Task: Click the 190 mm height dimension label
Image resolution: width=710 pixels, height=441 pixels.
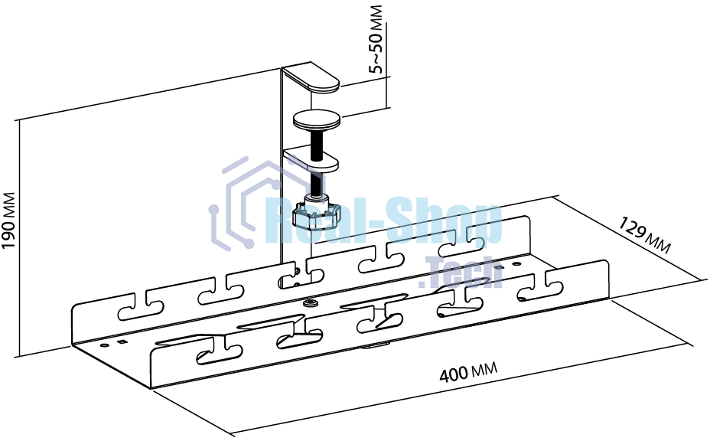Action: pos(8,220)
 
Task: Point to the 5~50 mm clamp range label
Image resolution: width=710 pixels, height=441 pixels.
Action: pos(376,40)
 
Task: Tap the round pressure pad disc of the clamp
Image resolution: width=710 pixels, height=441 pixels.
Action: pos(317,120)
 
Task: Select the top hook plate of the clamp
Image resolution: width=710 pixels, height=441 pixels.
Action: pos(311,80)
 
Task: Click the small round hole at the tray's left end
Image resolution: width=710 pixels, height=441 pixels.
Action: pos(105,345)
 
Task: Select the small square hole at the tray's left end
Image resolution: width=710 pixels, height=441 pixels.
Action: pos(121,341)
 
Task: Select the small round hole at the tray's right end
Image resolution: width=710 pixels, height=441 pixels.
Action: pos(516,263)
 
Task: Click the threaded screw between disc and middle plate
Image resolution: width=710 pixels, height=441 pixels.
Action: pos(317,144)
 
